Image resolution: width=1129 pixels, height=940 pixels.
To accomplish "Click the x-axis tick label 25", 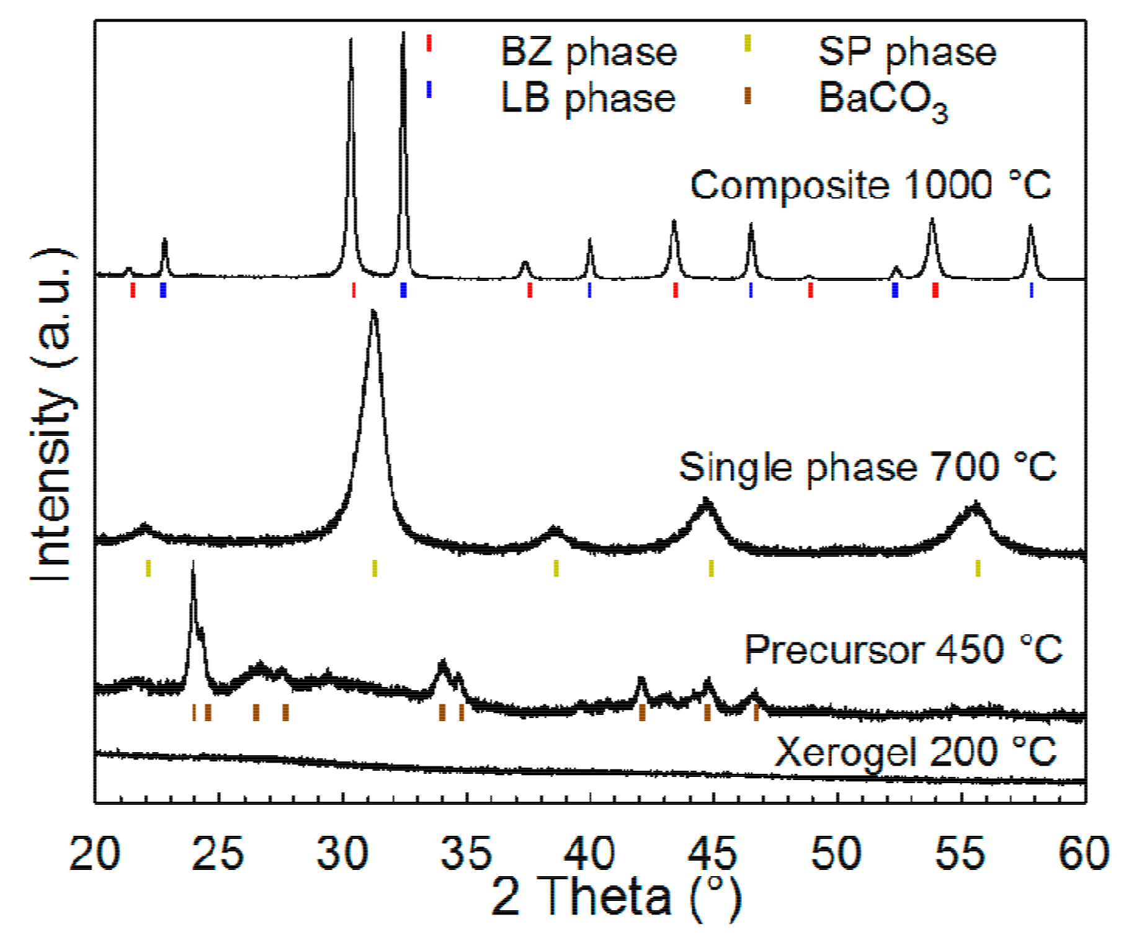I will click(218, 854).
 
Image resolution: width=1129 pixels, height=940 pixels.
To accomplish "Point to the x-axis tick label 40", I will click(589, 854).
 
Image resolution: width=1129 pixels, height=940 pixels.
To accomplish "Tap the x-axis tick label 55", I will click(960, 854).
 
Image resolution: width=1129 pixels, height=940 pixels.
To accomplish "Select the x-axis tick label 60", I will click(1083, 854).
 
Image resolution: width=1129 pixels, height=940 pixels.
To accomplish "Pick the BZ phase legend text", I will click(588, 52).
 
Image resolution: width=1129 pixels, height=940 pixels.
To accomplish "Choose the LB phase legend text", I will click(587, 99).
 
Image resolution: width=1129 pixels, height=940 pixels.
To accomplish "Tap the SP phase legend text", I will click(907, 52).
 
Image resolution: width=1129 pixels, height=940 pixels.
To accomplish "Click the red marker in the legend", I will click(429, 43).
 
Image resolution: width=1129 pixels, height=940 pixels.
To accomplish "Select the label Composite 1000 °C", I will click(870, 185).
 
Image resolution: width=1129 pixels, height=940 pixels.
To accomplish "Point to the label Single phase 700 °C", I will click(867, 467).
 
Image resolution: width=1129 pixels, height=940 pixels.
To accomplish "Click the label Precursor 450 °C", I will click(903, 650).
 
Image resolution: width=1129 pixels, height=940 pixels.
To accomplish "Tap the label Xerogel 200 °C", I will click(916, 752).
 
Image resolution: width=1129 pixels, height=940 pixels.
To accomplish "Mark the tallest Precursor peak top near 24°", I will click(194, 563).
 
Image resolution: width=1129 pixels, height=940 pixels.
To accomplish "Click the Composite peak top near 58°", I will click(1030, 227).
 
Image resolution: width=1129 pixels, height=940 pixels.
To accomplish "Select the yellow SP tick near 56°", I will click(978, 567).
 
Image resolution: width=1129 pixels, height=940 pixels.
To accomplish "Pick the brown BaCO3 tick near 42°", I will click(642, 712).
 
